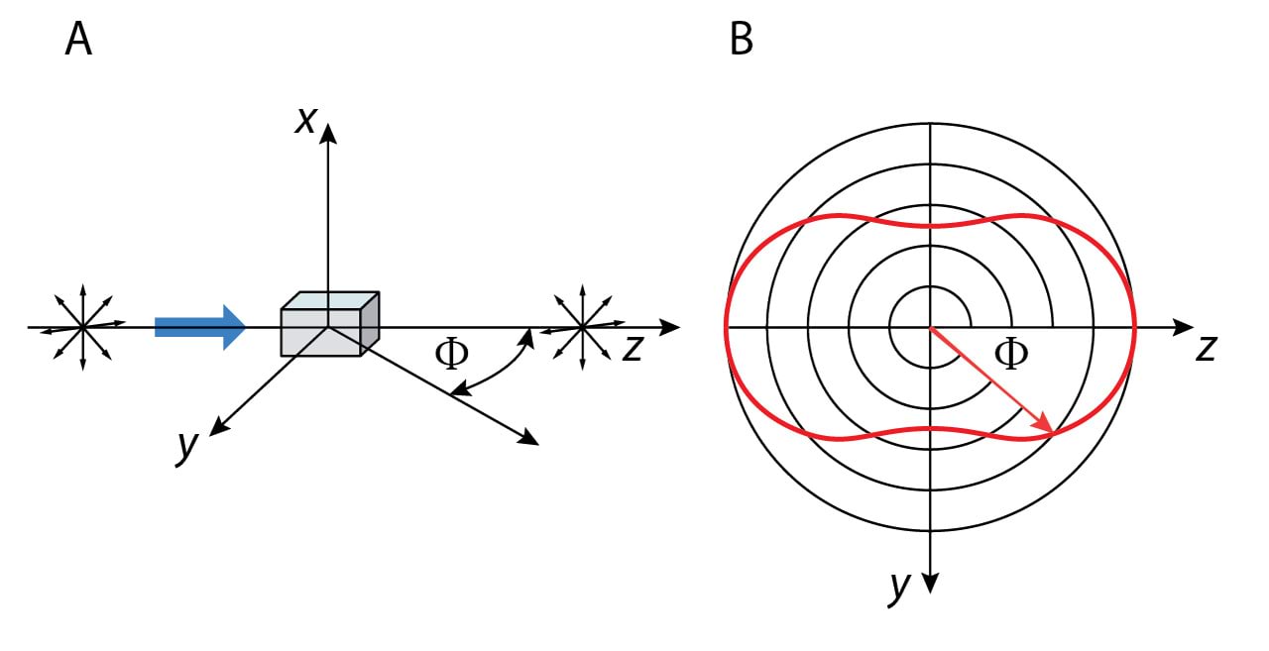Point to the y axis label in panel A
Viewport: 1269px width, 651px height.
pos(185,445)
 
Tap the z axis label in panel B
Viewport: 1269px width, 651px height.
pos(1206,349)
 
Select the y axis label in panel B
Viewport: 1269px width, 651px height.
pos(899,586)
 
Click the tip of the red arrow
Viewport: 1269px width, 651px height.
pos(1050,431)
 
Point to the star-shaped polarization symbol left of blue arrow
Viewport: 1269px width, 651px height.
pos(82,326)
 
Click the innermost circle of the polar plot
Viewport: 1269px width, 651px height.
pos(930,288)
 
